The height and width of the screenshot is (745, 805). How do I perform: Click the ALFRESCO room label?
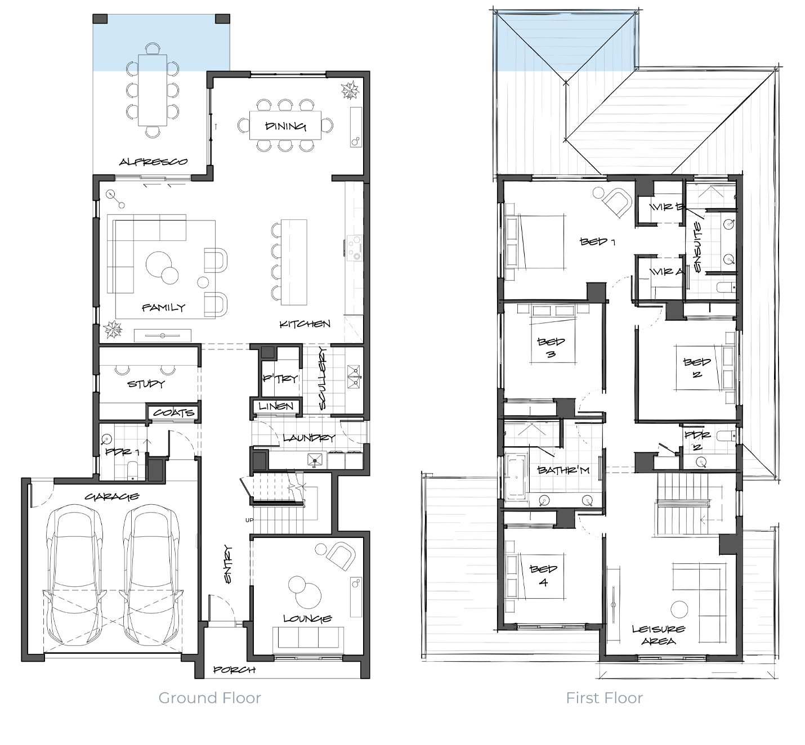pos(153,161)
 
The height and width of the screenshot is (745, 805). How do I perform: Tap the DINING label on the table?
pos(285,126)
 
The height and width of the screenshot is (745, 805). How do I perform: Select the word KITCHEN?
pos(305,324)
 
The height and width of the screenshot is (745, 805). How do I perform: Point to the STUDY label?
pos(146,383)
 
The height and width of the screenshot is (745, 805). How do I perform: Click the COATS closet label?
pos(173,412)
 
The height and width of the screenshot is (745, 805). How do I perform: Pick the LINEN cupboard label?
pos(276,406)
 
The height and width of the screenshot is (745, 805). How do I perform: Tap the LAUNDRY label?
pos(309,438)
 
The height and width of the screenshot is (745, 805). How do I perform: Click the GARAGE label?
pos(112,496)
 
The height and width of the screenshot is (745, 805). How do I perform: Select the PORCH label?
pos(234,670)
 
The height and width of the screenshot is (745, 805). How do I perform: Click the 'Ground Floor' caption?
pos(209,698)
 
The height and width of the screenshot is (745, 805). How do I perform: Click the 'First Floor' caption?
pos(605,698)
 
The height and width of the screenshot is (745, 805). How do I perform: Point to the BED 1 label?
pos(597,241)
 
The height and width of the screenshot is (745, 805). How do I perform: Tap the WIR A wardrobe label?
pos(667,272)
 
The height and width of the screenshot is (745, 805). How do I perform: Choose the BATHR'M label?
pos(563,470)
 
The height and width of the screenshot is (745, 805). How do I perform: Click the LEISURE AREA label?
pos(659,635)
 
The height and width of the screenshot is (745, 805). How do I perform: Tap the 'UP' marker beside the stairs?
pos(249,520)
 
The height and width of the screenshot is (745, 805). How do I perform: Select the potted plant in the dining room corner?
pos(350,91)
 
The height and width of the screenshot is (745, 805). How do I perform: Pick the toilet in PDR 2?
pos(726,436)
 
